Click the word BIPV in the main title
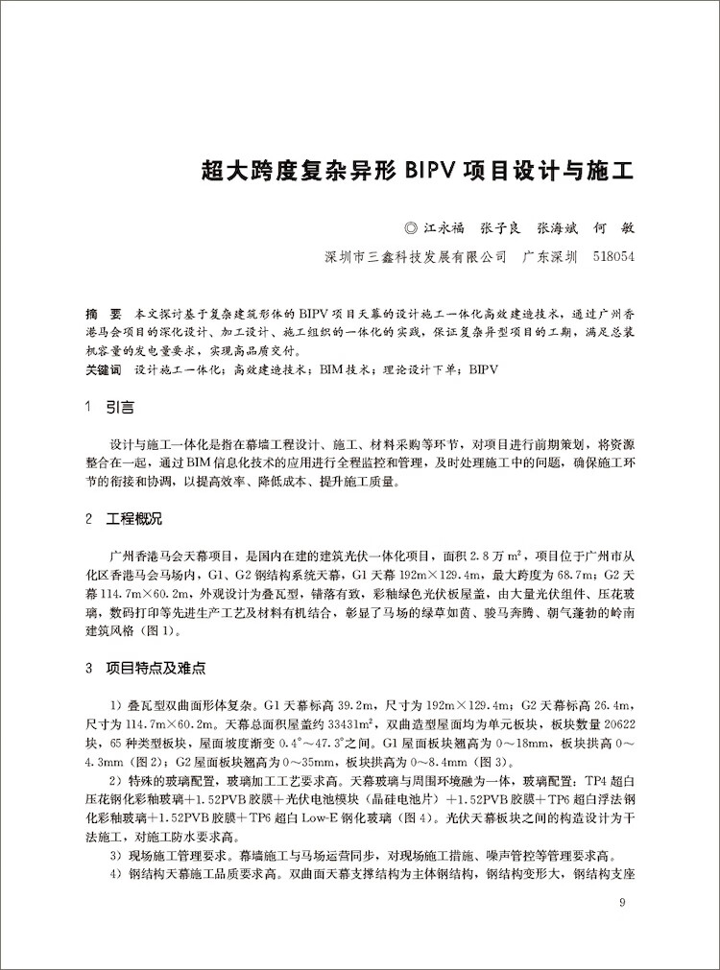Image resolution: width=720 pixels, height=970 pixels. [435, 172]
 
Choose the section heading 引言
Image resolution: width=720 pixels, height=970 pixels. [120, 407]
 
